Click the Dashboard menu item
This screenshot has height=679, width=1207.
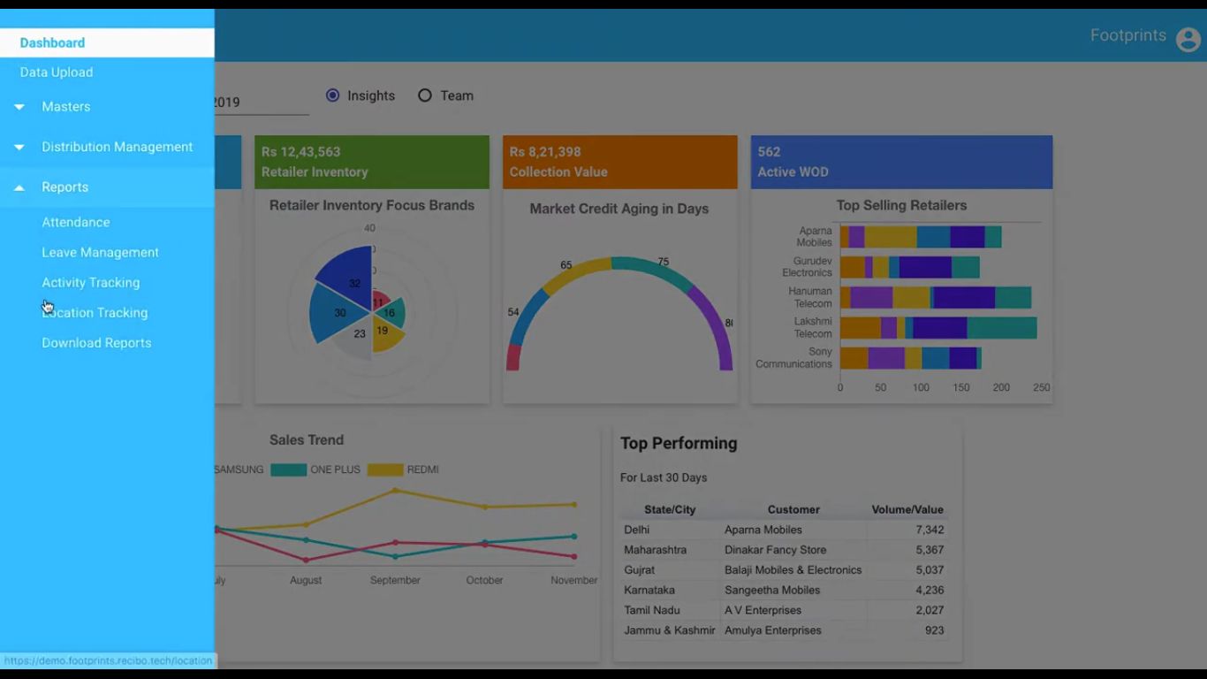tap(52, 42)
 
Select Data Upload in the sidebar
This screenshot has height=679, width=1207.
tap(57, 72)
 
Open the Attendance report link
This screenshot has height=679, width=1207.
tap(76, 223)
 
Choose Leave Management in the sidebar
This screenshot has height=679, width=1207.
tap(100, 253)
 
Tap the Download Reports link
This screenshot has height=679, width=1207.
tap(96, 343)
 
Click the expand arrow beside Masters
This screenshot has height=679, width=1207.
tap(19, 107)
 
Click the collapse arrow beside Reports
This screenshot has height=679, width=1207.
tap(19, 187)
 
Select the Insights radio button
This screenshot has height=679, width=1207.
tap(333, 95)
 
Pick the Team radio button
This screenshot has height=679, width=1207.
tap(425, 95)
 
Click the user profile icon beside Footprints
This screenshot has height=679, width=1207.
tap(1188, 39)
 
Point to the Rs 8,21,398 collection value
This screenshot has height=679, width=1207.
tap(545, 152)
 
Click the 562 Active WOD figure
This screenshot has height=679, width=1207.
tap(769, 152)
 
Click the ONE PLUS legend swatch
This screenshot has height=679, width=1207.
tap(288, 470)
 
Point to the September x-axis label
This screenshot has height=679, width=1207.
tap(395, 581)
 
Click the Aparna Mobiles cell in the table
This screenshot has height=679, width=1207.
tap(763, 530)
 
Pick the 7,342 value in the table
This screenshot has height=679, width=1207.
tap(930, 530)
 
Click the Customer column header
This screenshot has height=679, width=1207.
tap(793, 510)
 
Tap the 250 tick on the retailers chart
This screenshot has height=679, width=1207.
tap(1042, 388)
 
